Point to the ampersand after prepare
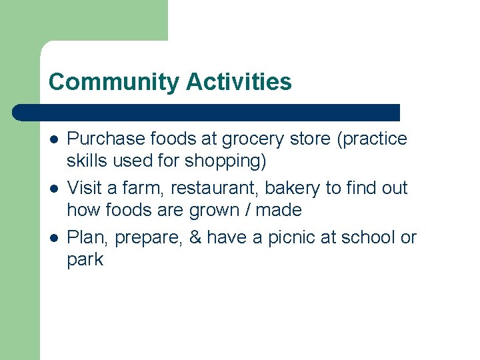(195, 237)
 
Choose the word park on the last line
(85, 260)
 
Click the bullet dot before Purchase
(53, 139)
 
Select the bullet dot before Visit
(53, 189)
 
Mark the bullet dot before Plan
(53, 238)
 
